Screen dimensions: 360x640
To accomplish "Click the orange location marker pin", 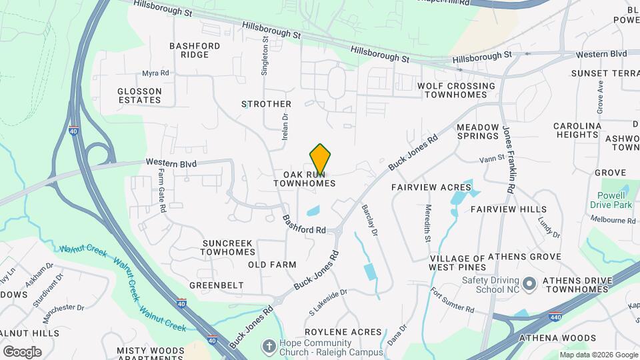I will coord(320,159).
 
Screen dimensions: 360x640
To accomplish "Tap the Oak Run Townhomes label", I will coord(304,178).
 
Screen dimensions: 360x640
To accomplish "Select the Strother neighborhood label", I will coord(266,104).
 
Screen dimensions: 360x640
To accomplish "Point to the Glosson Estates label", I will coord(139,95).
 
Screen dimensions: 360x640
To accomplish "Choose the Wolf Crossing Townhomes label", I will coord(456,90).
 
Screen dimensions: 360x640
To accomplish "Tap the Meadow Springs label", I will coord(478,131).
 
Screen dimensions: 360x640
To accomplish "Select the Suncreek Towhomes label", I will coord(228,247).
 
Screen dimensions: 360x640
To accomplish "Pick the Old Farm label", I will coord(272,265).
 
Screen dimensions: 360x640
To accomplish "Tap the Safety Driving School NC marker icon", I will coord(530,285).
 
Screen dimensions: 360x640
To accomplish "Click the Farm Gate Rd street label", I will coord(161,190).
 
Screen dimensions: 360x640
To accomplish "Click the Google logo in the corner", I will coord(22,351).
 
